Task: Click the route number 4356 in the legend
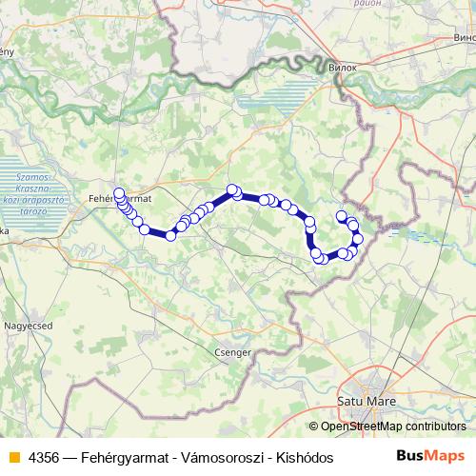pos(42,456)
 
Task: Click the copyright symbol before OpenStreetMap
pos(313,427)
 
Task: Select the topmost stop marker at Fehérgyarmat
pos(119,193)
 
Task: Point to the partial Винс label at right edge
pos(465,38)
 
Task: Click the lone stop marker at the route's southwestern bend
pos(170,235)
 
